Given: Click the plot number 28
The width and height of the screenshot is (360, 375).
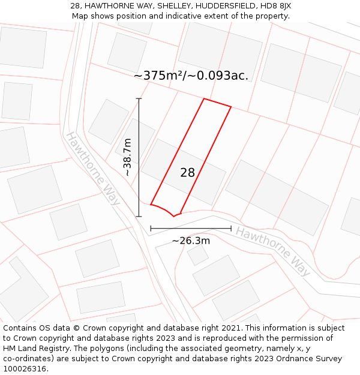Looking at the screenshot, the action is pos(188,173).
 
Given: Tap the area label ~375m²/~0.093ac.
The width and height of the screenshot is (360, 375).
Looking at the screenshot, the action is pos(191,76).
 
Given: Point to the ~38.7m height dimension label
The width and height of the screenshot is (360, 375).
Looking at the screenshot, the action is pos(127,157).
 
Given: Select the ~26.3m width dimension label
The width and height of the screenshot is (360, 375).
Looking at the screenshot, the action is pos(191,241).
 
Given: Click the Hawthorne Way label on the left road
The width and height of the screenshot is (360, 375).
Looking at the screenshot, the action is pos(92,169).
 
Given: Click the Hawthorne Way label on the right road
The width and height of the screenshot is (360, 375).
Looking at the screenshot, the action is pos(274,251).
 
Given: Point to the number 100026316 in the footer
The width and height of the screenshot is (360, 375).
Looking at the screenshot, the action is pos(25,368).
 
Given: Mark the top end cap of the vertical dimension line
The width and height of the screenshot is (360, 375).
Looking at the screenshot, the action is pos(139,98).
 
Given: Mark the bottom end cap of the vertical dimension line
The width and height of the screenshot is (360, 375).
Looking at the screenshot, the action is pos(139,216).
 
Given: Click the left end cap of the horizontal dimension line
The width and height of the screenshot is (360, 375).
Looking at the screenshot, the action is pos(151,229).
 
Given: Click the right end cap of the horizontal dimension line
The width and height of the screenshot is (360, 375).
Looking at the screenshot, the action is pos(231,229).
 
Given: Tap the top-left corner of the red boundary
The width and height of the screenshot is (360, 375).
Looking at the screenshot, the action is pos(204,98).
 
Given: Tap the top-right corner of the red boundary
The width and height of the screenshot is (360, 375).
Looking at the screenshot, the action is pos(231,107).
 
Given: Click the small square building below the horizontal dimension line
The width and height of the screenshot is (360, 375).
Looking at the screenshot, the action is pos(197,255).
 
